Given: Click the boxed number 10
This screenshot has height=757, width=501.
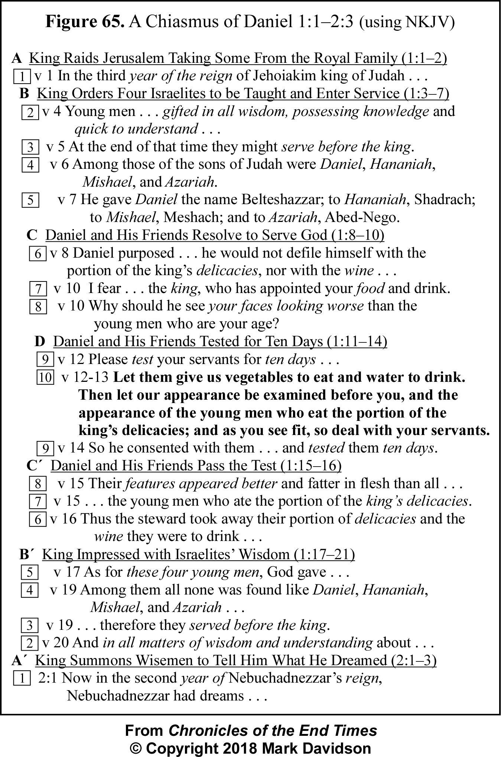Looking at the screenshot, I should pyautogui.click(x=45, y=378).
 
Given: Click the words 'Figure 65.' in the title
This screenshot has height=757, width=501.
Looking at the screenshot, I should pyautogui.click(x=85, y=22).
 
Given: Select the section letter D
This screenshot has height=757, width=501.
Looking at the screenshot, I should pyautogui.click(x=39, y=341).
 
